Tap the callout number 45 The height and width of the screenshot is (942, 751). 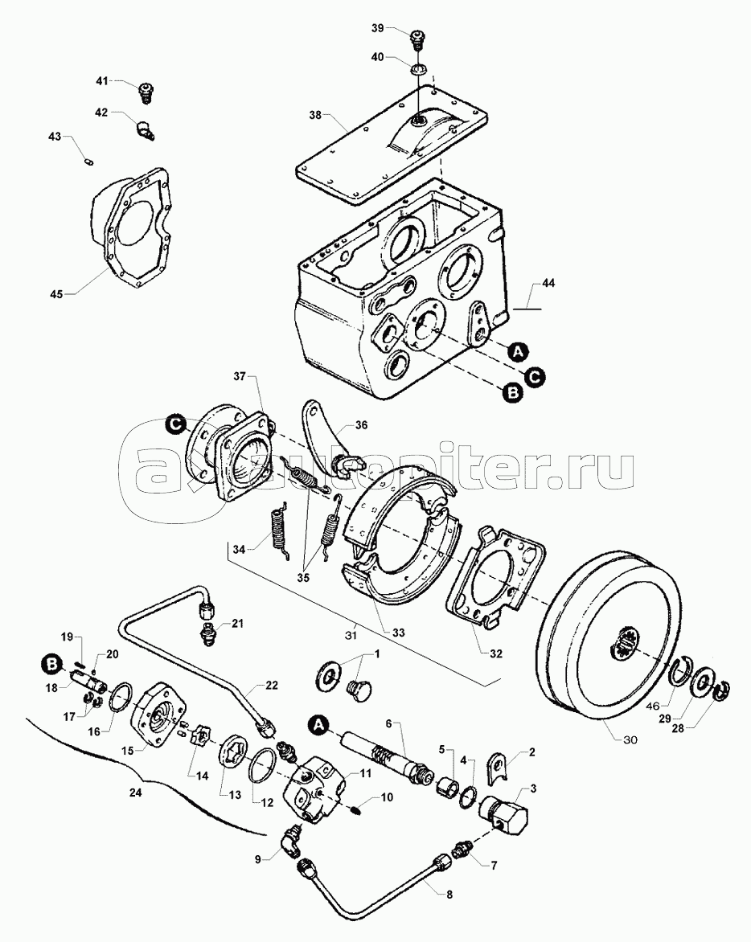point(56,293)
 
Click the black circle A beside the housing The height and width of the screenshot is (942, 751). point(519,350)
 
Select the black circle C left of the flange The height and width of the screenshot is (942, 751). point(175,423)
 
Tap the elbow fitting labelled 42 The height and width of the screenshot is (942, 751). point(145,127)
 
